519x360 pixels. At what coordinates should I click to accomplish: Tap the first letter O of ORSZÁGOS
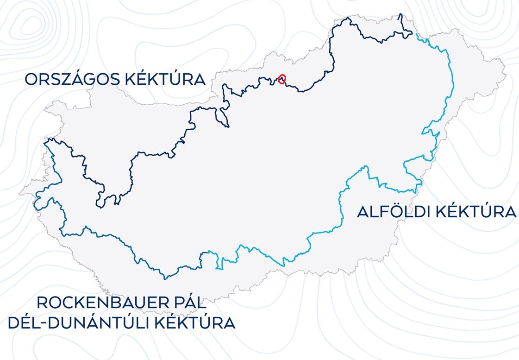[x=31, y=80]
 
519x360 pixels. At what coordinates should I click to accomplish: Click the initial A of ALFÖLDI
[x=363, y=212]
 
